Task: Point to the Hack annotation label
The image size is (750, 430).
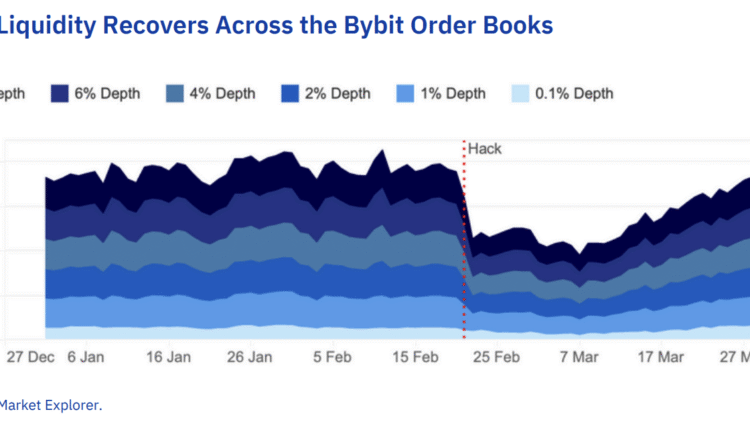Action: (485, 149)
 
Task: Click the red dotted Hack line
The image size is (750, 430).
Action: (464, 250)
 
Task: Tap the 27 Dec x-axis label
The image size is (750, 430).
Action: (29, 357)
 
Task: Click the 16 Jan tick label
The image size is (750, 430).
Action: (168, 357)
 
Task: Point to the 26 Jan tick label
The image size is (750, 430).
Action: (250, 357)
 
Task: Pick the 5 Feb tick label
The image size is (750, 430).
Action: (332, 357)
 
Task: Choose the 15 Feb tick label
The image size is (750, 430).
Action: (414, 357)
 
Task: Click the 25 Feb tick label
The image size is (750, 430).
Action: (496, 357)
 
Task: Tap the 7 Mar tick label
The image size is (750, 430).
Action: (579, 357)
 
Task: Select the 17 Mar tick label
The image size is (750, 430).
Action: (660, 357)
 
